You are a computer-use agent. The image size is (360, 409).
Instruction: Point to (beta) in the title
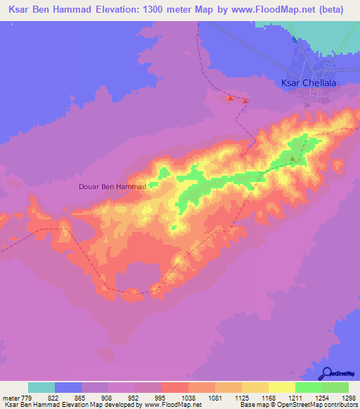[x=322, y=9]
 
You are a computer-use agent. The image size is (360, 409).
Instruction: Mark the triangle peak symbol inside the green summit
[x=293, y=159]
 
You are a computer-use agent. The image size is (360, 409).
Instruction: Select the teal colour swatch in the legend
[x=41, y=387]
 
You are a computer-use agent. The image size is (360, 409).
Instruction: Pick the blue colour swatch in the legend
[x=68, y=387]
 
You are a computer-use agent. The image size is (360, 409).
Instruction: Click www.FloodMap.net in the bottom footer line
[x=172, y=404]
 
